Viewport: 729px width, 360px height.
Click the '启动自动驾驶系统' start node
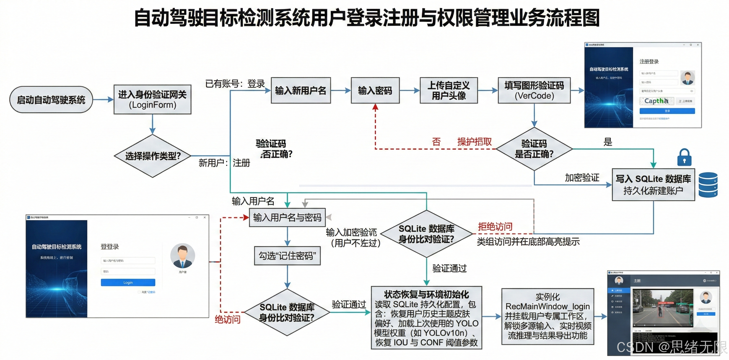click(x=51, y=100)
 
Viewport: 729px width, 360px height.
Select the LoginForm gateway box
click(x=152, y=99)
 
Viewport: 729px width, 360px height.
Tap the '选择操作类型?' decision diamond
click(x=152, y=156)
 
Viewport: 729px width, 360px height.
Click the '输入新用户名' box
click(x=301, y=91)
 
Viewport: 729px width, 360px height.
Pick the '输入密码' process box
click(x=375, y=91)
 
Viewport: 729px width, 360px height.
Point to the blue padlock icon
click(x=684, y=157)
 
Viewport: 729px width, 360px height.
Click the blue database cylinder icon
click(x=708, y=185)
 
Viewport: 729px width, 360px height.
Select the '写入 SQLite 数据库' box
click(x=653, y=185)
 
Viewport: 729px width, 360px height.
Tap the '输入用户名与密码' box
click(x=287, y=217)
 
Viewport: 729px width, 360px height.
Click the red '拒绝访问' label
click(x=495, y=226)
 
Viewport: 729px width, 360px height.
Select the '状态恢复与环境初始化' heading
click(x=426, y=295)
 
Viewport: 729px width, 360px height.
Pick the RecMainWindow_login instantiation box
click(x=548, y=316)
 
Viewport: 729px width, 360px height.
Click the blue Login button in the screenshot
click(x=128, y=282)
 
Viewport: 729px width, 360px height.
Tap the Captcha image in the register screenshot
click(x=656, y=101)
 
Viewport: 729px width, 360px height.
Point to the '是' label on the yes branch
click(x=608, y=142)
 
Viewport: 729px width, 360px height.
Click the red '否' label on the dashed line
click(x=436, y=142)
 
